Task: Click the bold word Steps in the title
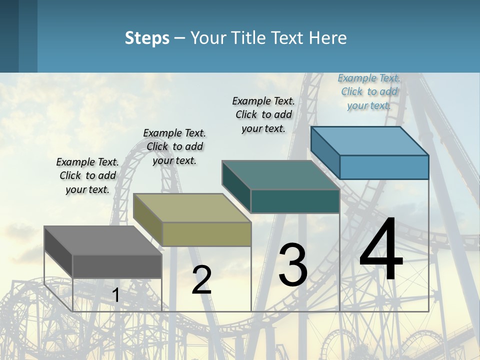click(x=147, y=38)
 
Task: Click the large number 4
click(x=381, y=250)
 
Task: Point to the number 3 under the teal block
click(x=293, y=265)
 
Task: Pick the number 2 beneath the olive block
click(x=201, y=280)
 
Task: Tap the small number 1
click(x=116, y=295)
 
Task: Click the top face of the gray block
click(x=102, y=240)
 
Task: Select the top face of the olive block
click(x=191, y=207)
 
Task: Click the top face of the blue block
click(x=369, y=141)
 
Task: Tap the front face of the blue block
click(x=384, y=167)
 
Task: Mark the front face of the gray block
click(x=117, y=266)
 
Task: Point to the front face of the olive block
click(x=206, y=234)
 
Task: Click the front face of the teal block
click(x=295, y=201)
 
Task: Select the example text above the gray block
click(x=87, y=175)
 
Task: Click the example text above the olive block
click(x=174, y=146)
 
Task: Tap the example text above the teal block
click(x=263, y=114)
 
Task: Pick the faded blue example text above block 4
click(x=369, y=91)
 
